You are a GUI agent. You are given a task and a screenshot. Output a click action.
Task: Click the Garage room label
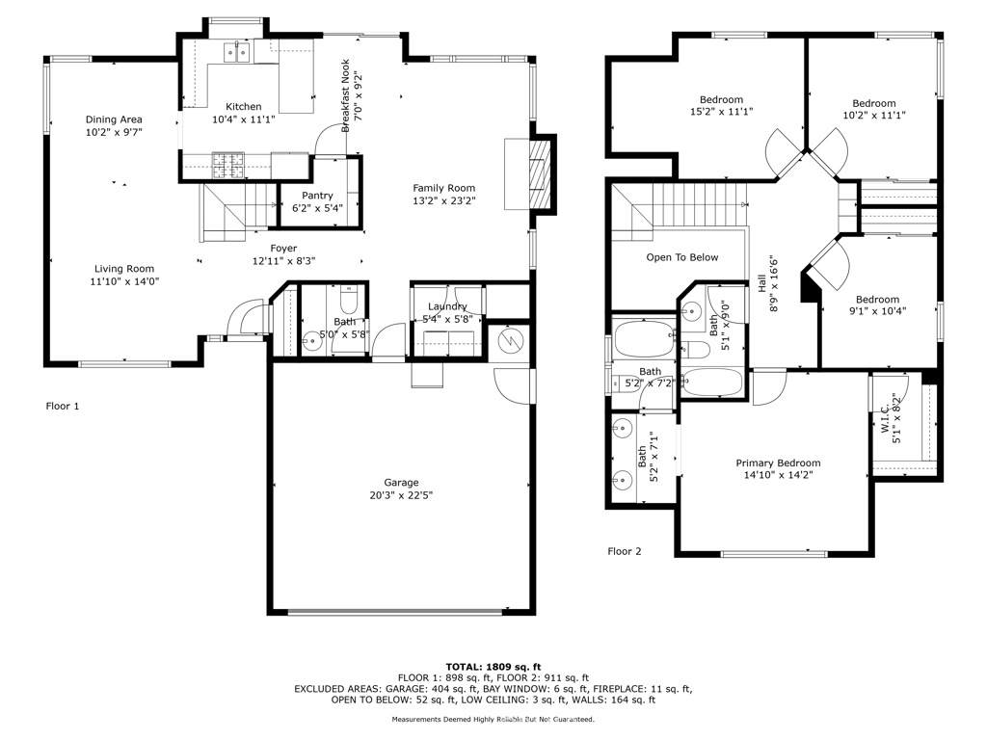[x=401, y=483]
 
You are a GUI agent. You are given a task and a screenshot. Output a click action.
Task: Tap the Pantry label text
[x=317, y=196]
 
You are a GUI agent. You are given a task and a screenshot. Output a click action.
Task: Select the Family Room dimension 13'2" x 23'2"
[x=444, y=201]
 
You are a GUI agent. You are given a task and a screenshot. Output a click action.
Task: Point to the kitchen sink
[x=237, y=52]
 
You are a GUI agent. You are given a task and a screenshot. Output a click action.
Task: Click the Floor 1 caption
[x=63, y=407]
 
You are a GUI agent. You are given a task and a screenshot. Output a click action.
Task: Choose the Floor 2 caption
[x=624, y=552]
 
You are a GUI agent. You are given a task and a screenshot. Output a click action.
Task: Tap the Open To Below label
[x=682, y=257]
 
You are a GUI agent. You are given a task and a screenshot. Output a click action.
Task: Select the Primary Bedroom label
[x=778, y=462]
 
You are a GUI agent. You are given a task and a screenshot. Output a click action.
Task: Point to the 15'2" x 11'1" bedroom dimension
[x=721, y=112]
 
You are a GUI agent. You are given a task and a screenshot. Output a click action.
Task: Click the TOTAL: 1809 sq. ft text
[x=493, y=667]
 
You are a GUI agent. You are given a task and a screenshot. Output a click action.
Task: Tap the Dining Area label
[x=114, y=119]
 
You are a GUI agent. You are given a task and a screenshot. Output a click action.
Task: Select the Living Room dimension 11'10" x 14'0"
[x=124, y=281]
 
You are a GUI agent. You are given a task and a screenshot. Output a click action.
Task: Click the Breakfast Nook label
[x=344, y=94]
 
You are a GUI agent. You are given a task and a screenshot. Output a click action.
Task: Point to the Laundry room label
[x=447, y=306]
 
